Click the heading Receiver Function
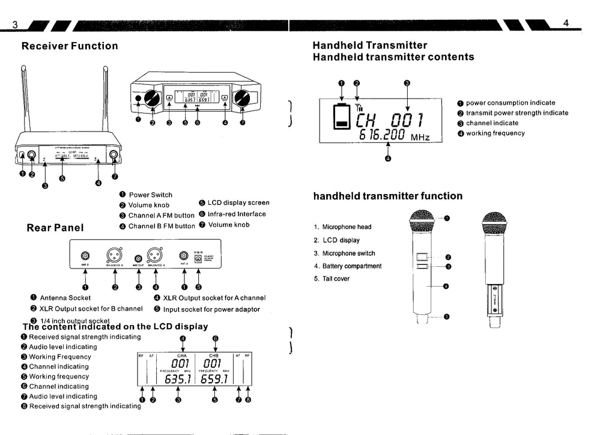[x=70, y=46]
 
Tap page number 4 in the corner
[x=566, y=23]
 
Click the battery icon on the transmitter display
[x=342, y=116]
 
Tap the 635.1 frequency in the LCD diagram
[x=178, y=380]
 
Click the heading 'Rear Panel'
[x=55, y=228]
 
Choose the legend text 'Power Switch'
[x=150, y=195]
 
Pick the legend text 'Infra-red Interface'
[x=237, y=214]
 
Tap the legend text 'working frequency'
[x=495, y=133]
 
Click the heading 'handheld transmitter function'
[x=388, y=196]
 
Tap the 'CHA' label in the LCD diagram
[x=182, y=355]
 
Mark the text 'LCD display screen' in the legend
[x=238, y=203]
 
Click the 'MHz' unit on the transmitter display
[x=420, y=137]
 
